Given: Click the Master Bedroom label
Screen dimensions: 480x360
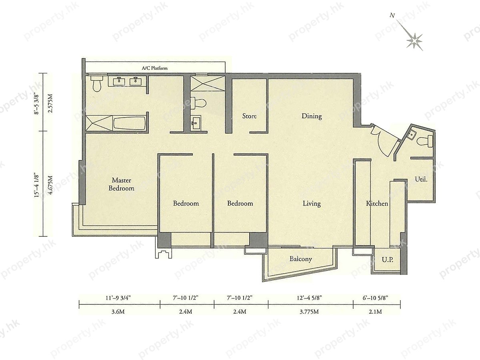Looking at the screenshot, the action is (121, 184).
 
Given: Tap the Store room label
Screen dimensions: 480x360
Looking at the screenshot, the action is (249, 116).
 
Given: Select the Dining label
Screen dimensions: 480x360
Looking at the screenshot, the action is (312, 116).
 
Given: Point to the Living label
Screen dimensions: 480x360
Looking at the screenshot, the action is (312, 204).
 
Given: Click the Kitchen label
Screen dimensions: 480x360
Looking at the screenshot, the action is (377, 204).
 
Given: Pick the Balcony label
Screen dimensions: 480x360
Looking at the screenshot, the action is (301, 259).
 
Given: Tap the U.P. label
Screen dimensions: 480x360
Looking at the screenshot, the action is (388, 260).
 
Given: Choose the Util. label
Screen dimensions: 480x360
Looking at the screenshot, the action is (421, 180).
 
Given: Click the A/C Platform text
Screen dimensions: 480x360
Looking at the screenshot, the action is (155, 68).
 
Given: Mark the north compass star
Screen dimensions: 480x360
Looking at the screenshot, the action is (414, 41).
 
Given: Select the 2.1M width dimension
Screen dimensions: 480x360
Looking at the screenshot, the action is (375, 312).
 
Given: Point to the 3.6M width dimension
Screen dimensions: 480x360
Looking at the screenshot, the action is (118, 312).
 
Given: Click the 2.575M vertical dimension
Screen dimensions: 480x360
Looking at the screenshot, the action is (50, 103).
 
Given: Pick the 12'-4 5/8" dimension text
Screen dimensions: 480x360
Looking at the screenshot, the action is (309, 298).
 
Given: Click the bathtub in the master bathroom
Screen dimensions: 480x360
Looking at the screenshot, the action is (129, 124).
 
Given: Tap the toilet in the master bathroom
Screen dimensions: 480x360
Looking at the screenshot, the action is (97, 84).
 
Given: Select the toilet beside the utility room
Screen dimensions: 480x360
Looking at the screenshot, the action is (425, 141).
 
